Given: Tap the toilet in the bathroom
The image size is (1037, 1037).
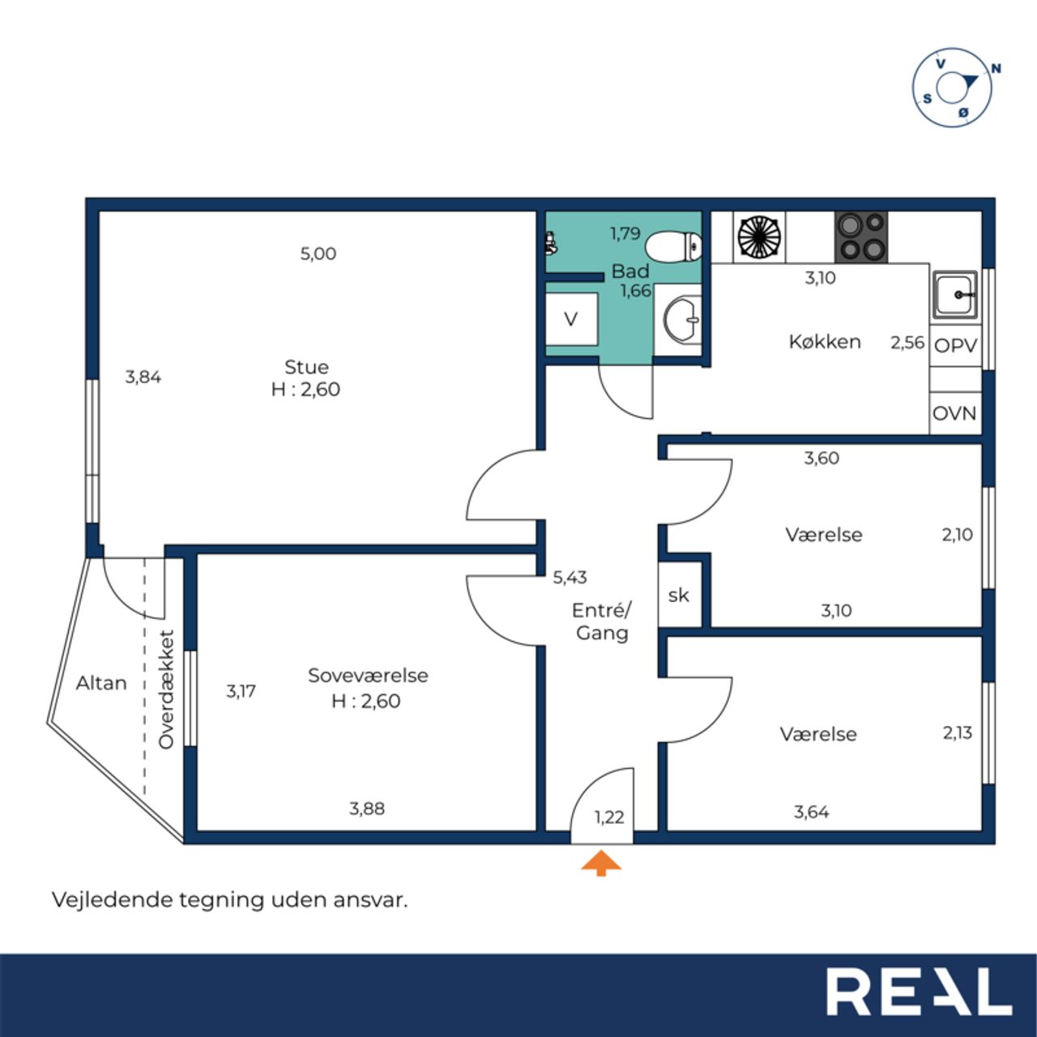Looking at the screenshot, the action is tap(673, 247).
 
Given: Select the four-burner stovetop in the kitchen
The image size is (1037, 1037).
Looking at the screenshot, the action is tap(861, 237).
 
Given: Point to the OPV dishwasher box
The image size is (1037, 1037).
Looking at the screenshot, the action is tap(956, 345).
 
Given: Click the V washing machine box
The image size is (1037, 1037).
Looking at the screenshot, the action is tap(571, 319).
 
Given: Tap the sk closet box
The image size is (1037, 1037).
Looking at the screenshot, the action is tap(679, 595).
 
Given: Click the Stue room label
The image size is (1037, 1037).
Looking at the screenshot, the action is tap(306, 367).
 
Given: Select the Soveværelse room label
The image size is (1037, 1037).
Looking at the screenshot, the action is tap(368, 676).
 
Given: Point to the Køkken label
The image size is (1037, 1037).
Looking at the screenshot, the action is tap(825, 342).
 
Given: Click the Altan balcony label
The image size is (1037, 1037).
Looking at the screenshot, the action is tap(101, 683).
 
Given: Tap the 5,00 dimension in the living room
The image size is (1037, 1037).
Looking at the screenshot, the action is tap(318, 254).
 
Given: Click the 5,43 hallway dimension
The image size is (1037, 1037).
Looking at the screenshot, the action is tap(570, 578).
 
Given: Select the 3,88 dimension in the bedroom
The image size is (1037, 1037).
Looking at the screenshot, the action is tap(367, 809).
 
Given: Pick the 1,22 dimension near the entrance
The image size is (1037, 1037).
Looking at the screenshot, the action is tap(609, 817).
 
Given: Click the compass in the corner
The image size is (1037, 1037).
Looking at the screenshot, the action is tap(952, 87).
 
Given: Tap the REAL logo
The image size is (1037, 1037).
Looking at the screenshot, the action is tap(920, 991).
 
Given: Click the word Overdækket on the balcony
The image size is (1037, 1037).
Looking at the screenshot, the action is tap(166, 689).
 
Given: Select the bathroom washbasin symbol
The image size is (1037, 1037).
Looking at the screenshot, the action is tap(681, 320).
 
